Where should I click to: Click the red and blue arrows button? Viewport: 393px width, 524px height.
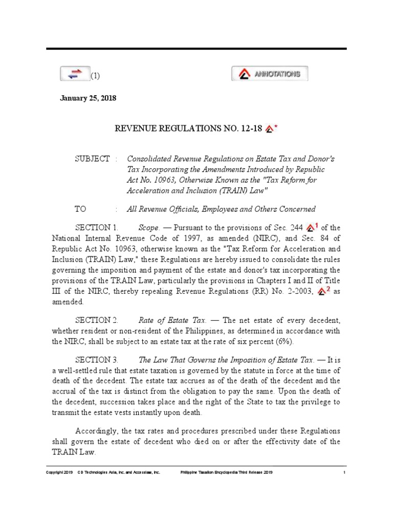click(x=75, y=74)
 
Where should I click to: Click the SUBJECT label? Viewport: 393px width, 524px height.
click(x=93, y=159)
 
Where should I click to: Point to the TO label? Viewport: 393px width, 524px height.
click(x=81, y=209)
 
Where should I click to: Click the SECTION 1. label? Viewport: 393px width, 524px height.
click(x=97, y=227)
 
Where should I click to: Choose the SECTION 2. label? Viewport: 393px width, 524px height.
click(x=97, y=320)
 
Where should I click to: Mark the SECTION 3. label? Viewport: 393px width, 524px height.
click(x=97, y=360)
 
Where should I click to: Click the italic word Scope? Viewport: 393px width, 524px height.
click(x=148, y=227)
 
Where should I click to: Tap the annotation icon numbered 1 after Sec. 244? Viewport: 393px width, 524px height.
click(x=312, y=227)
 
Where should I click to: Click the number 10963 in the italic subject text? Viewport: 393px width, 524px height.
click(x=165, y=180)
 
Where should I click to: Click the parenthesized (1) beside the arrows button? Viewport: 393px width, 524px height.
click(x=96, y=76)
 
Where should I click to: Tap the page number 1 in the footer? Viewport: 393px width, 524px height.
click(x=345, y=472)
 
